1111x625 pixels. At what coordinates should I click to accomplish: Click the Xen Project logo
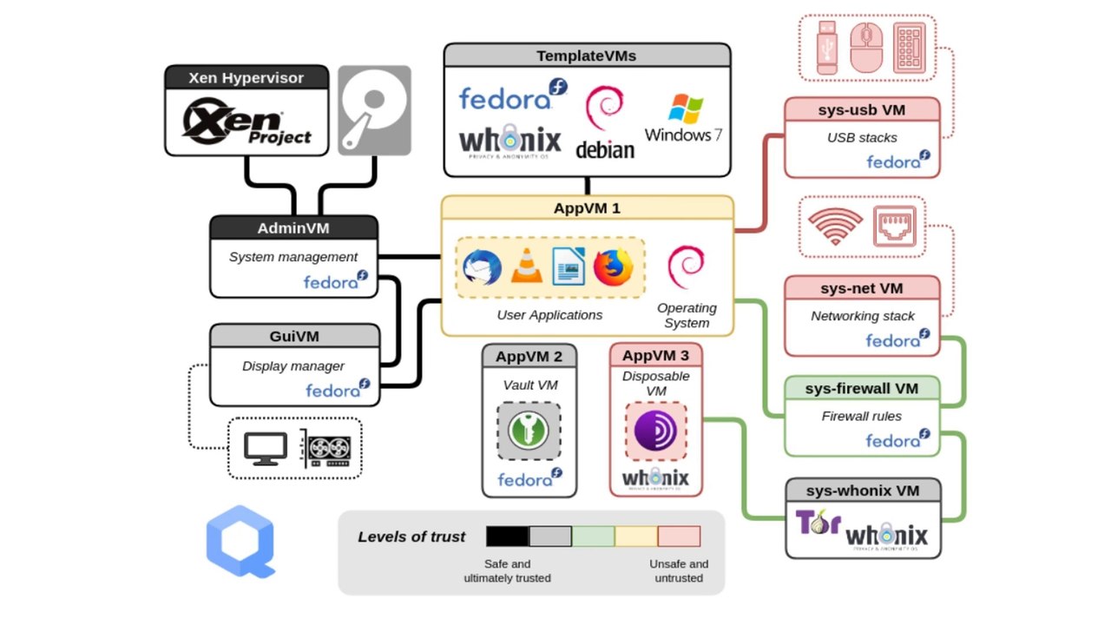coord(247,122)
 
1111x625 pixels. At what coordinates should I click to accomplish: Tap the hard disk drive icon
coord(374,110)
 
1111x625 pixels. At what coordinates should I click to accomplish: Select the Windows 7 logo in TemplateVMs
coord(684,117)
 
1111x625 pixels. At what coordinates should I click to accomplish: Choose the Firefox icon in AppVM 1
coord(614,266)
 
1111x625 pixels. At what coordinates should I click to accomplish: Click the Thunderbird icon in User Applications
coord(483,266)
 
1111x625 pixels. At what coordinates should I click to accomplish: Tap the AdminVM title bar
coord(293,228)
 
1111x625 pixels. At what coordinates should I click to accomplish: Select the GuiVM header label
coord(294,336)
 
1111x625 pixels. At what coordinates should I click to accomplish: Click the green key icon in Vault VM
coord(529,431)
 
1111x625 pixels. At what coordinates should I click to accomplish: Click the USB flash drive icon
coord(825,48)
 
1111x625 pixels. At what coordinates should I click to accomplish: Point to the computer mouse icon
coord(866,48)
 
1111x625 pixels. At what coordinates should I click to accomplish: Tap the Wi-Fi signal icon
coord(835,227)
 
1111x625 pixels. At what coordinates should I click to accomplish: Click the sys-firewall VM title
coord(861,388)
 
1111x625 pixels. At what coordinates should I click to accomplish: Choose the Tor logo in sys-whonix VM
coord(817,523)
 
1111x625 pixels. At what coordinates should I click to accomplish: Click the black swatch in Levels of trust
coord(507,536)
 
